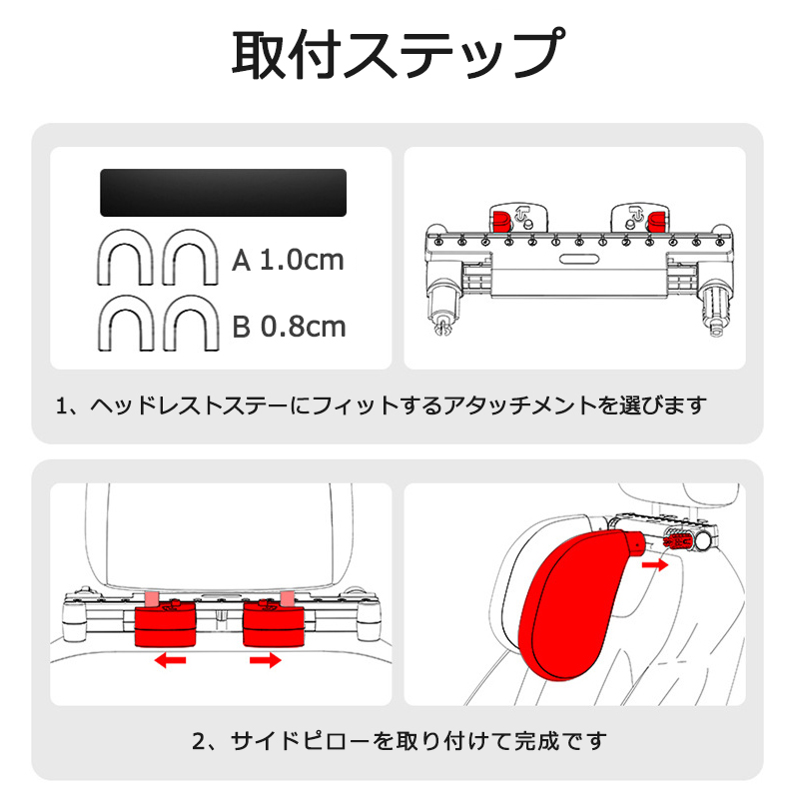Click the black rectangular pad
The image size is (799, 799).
coord(222,192)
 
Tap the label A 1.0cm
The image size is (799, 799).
coord(288,261)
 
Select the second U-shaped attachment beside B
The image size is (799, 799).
coord(190,323)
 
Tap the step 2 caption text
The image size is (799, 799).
coord(399,741)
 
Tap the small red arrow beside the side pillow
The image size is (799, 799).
coord(655,564)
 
